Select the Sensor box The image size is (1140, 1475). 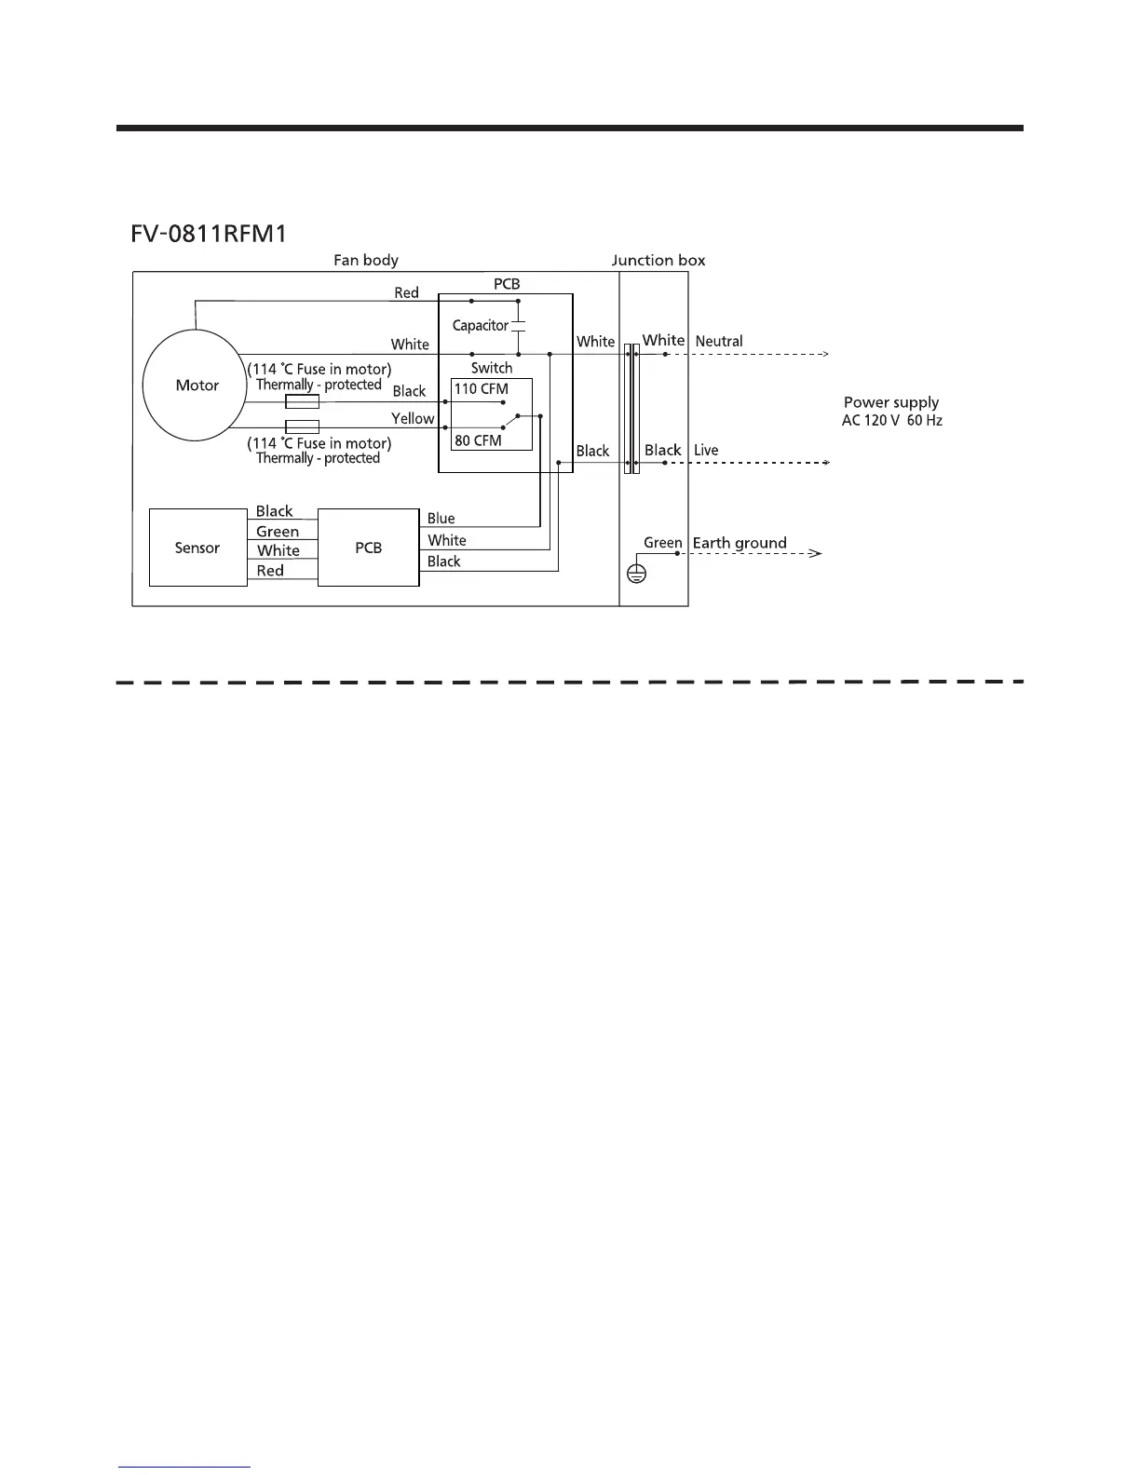pos(197,548)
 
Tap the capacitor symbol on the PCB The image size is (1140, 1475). pos(519,326)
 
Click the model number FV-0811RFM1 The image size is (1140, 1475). pos(209,232)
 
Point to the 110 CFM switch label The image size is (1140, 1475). pos(481,389)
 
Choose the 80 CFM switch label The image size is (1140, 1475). pos(478,440)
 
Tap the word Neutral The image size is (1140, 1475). pos(719,342)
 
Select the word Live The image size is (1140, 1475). pos(706,451)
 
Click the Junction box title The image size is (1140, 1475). pos(658,261)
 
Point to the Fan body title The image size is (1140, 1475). pos(366,261)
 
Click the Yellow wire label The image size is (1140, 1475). pos(413,419)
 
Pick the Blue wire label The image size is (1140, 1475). pos(441,519)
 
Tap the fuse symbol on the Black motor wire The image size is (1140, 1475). pos(302,402)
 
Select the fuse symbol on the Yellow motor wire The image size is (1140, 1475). pos(302,427)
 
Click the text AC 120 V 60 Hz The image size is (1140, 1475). pos(891,421)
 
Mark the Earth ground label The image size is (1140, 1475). pos(740,543)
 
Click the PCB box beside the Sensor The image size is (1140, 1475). pos(369,548)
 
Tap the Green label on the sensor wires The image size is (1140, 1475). pos(278,532)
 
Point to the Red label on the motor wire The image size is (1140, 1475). pos(406,293)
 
